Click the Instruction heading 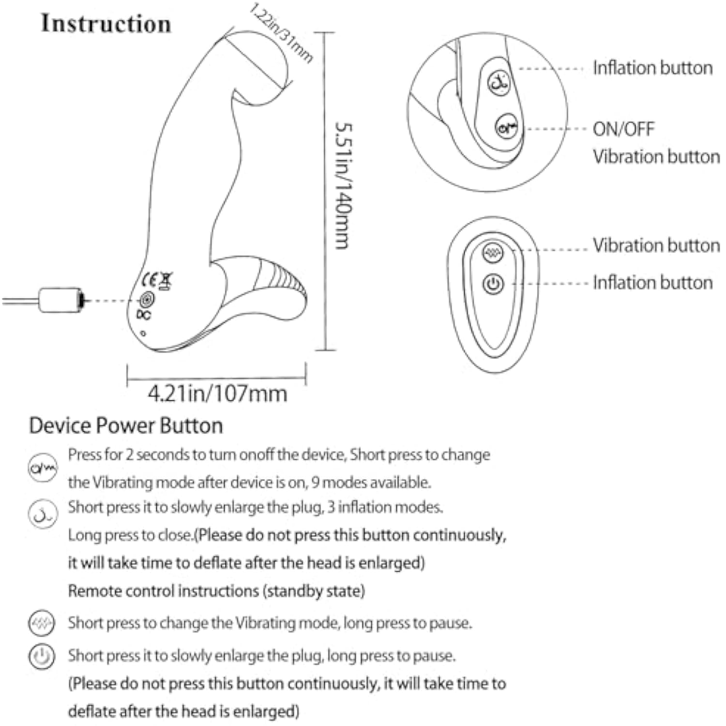106,24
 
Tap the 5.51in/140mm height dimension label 343,186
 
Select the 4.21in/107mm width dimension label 217,393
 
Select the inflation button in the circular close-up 499,83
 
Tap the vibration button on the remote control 493,252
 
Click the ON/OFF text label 623,129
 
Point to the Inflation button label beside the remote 652,283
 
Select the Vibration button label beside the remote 656,245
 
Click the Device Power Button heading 126,425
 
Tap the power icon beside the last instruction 42,657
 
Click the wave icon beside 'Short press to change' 42,623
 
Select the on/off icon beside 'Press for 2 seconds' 43,468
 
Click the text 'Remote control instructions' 164,591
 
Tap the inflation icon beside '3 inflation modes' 43,514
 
